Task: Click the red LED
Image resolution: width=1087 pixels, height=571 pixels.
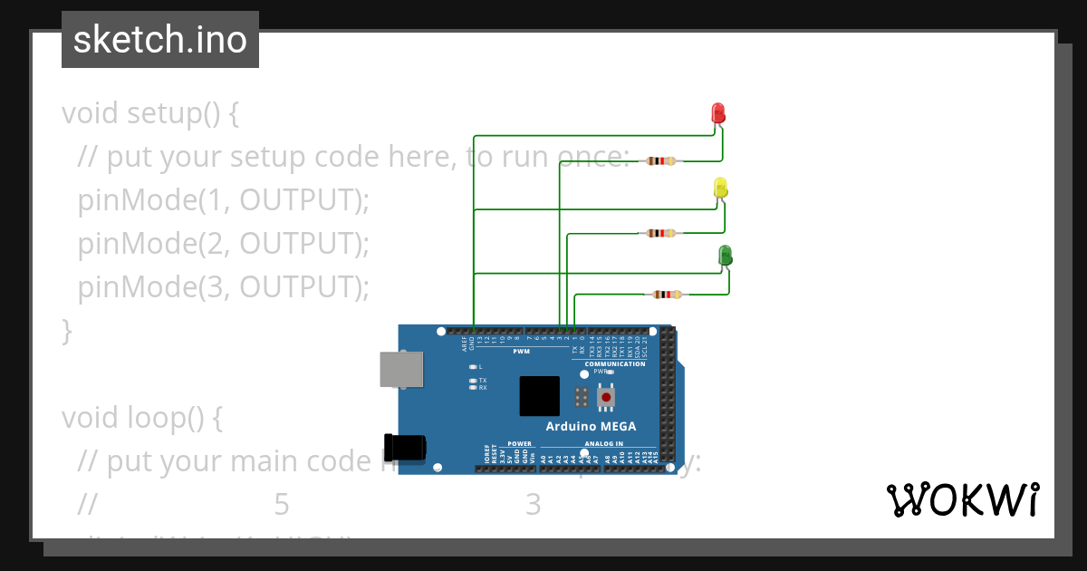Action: tap(718, 113)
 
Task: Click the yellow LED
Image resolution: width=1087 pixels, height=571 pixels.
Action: tap(721, 188)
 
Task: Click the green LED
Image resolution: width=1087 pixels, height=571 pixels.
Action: tap(726, 256)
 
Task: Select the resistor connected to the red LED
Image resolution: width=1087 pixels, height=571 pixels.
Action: tap(659, 161)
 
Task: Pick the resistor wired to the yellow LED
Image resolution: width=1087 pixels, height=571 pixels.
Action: tap(659, 233)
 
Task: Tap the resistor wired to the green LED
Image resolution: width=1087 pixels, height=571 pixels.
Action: tap(668, 294)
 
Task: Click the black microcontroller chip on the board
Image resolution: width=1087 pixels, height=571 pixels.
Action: tap(539, 396)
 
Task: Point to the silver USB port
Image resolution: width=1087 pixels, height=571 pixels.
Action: tap(399, 370)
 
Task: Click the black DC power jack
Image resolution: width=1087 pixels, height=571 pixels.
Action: tap(404, 448)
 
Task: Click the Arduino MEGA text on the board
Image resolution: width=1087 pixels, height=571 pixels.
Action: tap(591, 426)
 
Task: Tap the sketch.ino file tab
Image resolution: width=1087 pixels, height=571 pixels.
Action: tap(160, 40)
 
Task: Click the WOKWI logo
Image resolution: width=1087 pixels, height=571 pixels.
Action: tap(962, 499)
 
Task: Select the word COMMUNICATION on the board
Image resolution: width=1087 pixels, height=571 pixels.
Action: tap(614, 363)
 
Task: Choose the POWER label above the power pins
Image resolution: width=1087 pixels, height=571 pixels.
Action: tap(519, 444)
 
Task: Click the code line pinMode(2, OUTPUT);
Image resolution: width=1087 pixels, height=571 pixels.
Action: tap(224, 244)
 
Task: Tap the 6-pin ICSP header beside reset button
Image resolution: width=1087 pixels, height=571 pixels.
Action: tap(582, 396)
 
